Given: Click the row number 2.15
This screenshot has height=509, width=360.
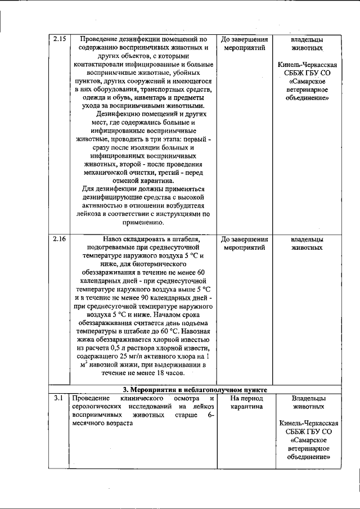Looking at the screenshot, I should point(59,39).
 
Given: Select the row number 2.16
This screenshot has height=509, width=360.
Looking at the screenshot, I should point(59,239).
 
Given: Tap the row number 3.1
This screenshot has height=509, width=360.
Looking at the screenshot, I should point(59,398).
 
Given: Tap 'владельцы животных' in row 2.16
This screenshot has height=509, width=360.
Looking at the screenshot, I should point(307,243).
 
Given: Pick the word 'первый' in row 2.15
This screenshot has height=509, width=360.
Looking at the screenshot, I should point(191,137).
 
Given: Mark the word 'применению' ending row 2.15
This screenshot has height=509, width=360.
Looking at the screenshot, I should point(145,222).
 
